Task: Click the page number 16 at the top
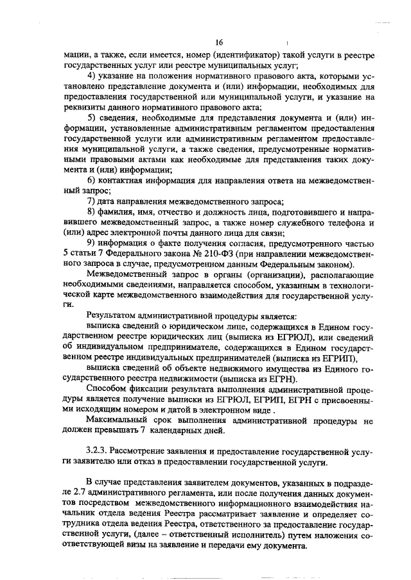click(219, 42)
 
